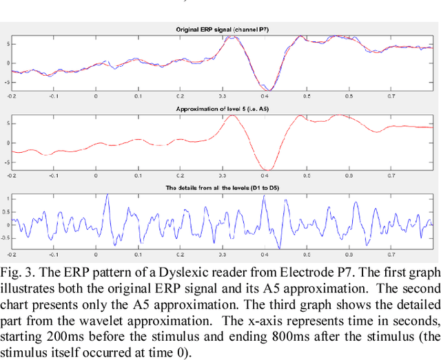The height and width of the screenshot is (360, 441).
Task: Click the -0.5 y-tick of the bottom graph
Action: (6, 238)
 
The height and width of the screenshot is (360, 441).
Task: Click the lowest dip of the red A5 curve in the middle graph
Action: (269, 170)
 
